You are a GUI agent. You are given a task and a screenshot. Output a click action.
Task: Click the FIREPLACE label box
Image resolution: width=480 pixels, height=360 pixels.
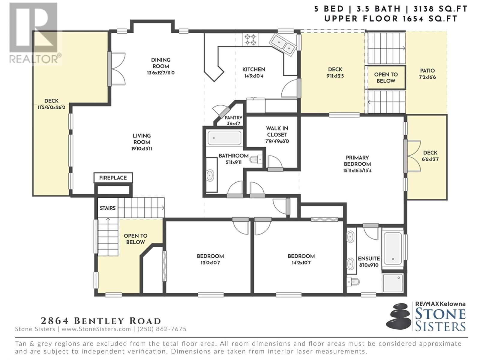[x=113, y=178]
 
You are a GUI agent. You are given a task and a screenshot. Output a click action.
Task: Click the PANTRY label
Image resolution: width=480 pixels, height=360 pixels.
[x=233, y=118]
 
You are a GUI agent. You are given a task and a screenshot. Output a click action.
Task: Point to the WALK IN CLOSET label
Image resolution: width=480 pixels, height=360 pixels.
[x=277, y=131]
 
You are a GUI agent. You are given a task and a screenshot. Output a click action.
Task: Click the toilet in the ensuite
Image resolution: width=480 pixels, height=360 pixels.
[x=353, y=282]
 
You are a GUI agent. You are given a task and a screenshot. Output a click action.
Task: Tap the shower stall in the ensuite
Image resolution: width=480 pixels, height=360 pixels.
[x=393, y=283]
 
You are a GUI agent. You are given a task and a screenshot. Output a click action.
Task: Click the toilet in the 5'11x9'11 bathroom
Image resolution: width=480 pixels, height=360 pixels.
[x=256, y=159]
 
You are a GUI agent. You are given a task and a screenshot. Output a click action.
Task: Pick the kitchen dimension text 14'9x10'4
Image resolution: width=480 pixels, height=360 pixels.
[x=254, y=76]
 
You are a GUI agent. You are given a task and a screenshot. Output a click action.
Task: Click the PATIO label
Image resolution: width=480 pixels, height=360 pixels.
[x=427, y=71]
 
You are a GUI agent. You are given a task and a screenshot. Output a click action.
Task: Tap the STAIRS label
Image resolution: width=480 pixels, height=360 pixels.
[x=108, y=208]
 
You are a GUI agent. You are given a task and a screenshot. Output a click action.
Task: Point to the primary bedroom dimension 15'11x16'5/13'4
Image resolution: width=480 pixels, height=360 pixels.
[x=357, y=170]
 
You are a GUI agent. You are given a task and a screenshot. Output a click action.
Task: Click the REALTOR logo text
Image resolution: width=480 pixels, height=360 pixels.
[x=35, y=59]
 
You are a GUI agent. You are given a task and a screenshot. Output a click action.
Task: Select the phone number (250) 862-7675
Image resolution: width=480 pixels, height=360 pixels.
[x=162, y=329]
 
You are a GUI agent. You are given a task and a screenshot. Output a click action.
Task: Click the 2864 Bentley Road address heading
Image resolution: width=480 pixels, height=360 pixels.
[x=101, y=321]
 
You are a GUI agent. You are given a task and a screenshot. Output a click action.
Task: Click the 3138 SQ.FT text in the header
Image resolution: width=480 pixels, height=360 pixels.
[x=440, y=9]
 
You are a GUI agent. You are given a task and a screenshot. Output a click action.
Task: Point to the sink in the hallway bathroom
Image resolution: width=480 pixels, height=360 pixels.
[x=210, y=175]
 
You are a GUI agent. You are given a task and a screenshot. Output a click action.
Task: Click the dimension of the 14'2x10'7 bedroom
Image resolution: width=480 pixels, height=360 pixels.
[x=301, y=262]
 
